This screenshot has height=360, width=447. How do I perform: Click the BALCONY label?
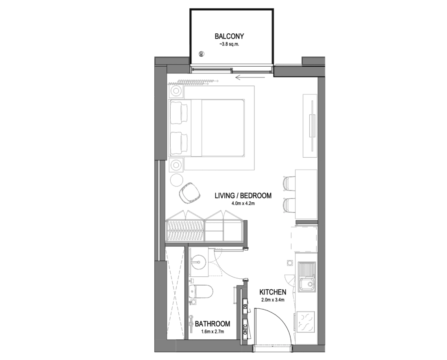[229, 36]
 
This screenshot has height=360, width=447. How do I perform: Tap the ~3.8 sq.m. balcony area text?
[229, 44]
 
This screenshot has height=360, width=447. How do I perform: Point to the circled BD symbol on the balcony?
[201, 54]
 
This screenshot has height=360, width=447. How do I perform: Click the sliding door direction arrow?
[250, 77]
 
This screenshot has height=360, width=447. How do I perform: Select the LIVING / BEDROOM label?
[243, 195]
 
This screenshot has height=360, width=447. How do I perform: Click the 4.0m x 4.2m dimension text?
[243, 204]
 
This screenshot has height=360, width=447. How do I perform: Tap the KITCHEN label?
[273, 292]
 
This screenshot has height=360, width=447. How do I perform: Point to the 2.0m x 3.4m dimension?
[273, 300]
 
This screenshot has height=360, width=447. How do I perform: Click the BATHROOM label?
[213, 324]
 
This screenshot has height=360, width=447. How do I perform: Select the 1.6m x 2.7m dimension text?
[213, 332]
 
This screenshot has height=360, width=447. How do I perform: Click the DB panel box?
[245, 306]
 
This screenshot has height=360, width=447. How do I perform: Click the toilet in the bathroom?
[201, 291]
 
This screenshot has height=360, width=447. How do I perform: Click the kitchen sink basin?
[307, 284]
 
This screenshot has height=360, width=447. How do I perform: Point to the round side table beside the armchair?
[176, 180]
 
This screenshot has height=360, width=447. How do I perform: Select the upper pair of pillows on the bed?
[179, 113]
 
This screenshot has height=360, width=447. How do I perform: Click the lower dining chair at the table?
[289, 205]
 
